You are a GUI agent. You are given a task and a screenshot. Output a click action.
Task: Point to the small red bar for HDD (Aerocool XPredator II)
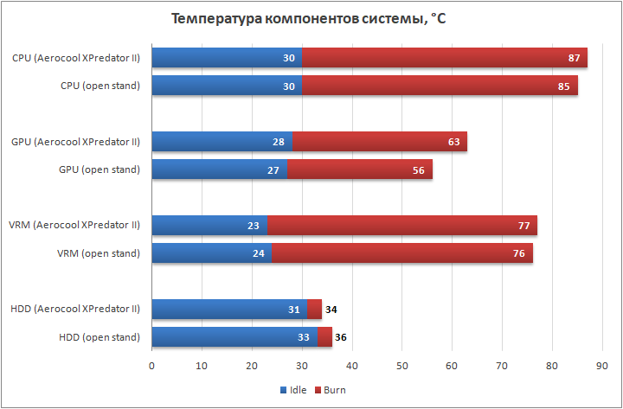[315, 309]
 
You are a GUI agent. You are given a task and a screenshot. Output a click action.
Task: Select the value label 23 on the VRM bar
[254, 226]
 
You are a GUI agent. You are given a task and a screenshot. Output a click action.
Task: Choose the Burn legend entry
[330, 390]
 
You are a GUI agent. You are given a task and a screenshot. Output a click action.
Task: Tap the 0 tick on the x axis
[152, 366]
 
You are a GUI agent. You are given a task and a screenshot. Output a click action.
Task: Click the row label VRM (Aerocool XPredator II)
[75, 226]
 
